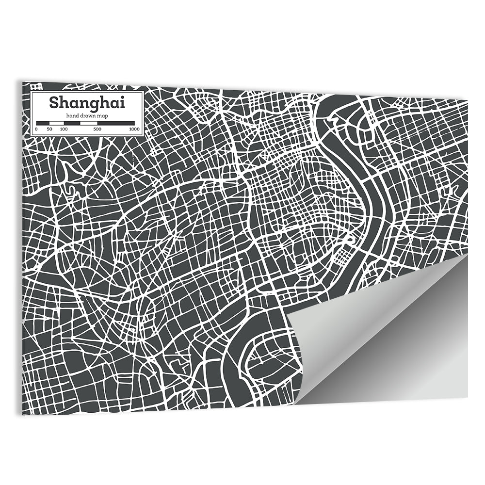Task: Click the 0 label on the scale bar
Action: coord(36,129)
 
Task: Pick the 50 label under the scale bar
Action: coord(49,129)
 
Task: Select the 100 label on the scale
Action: coord(64,129)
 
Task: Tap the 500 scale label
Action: coord(97,129)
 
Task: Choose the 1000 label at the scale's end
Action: coord(134,129)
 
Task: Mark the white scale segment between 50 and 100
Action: coord(56,124)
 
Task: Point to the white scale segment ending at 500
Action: coord(88,124)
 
